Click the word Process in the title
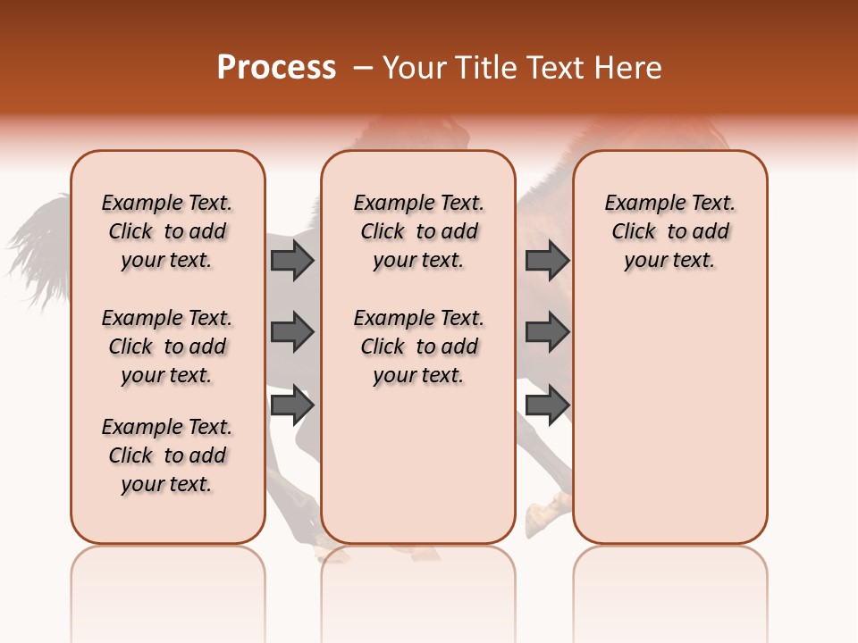tap(276, 68)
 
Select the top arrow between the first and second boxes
tap(291, 260)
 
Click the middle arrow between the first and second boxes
tap(291, 332)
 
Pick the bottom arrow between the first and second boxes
tap(291, 405)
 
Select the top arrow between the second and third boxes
tap(547, 260)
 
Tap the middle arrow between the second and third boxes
tap(547, 332)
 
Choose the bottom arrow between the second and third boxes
tap(547, 405)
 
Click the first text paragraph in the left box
tap(167, 231)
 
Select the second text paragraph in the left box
tap(167, 347)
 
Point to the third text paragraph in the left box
tap(167, 455)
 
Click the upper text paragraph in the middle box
tap(418, 231)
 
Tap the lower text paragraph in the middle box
tap(418, 347)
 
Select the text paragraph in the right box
tap(670, 231)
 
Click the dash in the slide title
tap(364, 69)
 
